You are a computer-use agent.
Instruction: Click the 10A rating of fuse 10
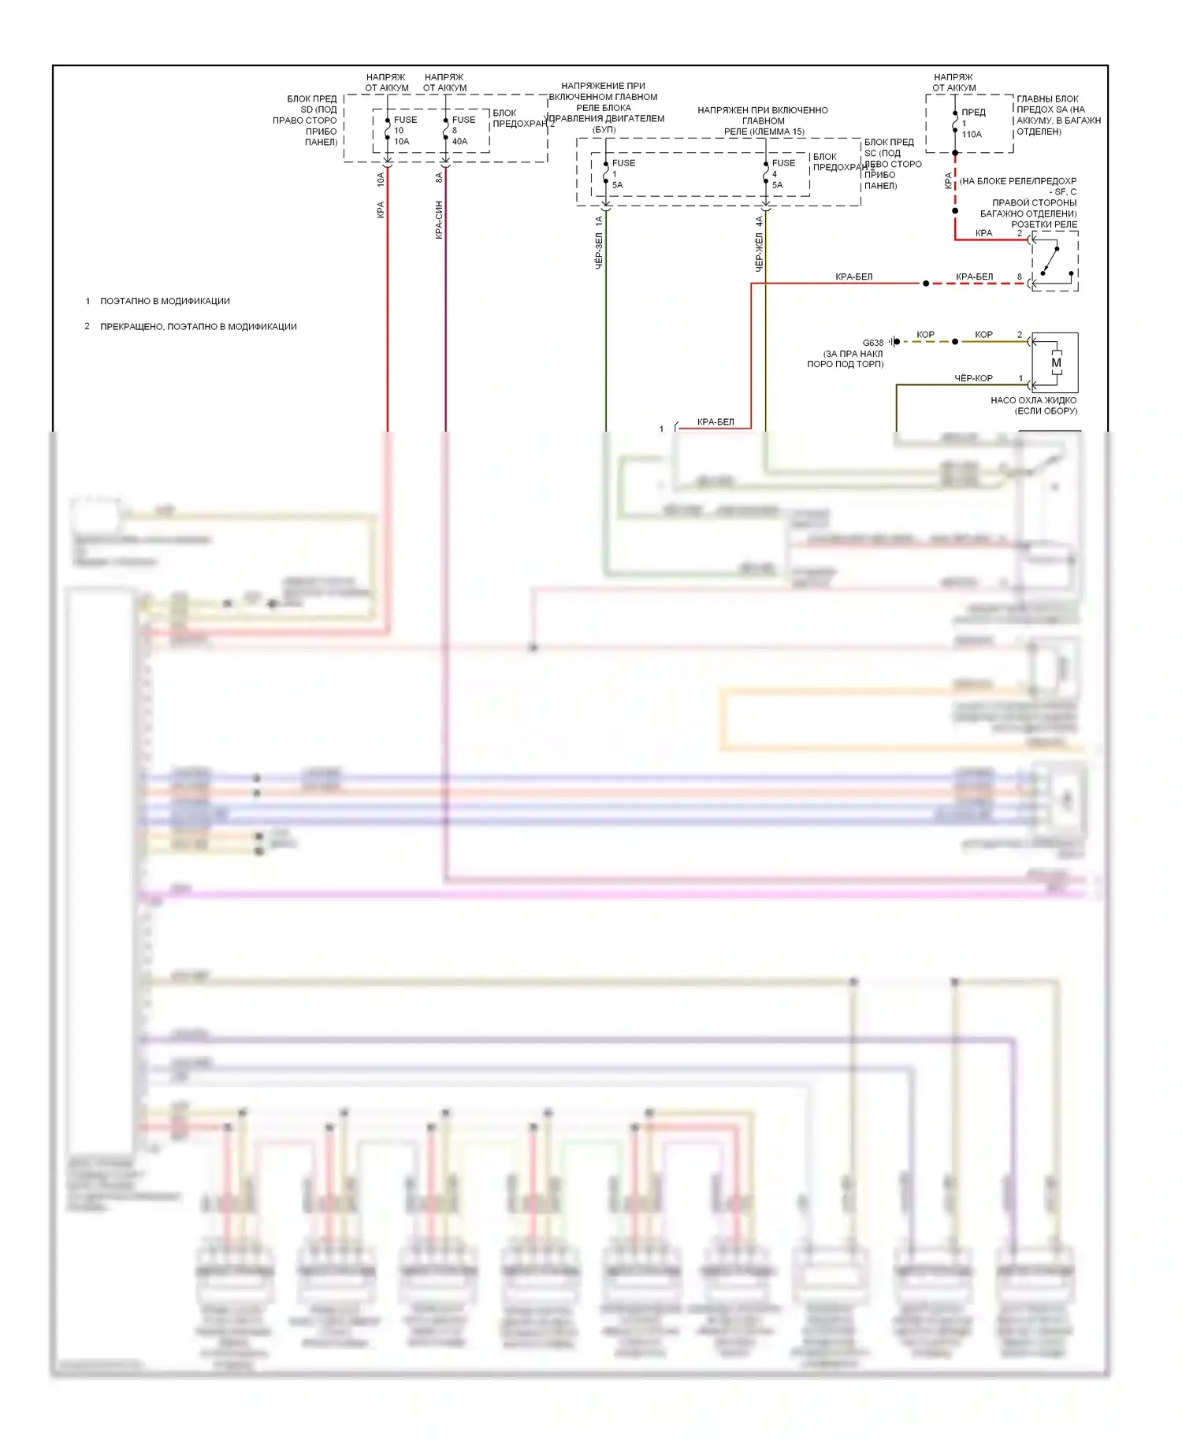[x=401, y=142]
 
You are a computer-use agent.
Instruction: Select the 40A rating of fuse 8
[x=459, y=142]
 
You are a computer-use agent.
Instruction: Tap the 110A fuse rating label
[x=972, y=135]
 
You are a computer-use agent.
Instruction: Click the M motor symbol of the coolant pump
[x=1056, y=363]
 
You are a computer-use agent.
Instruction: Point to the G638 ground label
[x=872, y=343]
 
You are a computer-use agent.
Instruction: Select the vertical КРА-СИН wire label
[x=439, y=220]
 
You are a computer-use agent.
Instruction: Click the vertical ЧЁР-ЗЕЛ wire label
[x=599, y=251]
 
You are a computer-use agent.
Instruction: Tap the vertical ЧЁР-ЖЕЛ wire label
[x=760, y=252]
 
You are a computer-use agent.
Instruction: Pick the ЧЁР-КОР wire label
[x=973, y=378]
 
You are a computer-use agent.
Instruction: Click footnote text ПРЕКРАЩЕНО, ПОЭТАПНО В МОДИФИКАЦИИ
[x=199, y=327]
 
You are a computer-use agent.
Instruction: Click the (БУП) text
[x=604, y=130]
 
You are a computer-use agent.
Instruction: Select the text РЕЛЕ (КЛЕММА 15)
[x=764, y=132]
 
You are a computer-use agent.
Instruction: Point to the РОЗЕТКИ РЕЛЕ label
[x=1043, y=225]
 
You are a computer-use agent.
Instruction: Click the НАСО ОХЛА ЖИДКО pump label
[x=1033, y=400]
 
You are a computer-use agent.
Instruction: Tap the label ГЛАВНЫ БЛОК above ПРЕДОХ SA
[x=1047, y=99]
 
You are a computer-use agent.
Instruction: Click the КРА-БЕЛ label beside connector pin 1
[x=716, y=422]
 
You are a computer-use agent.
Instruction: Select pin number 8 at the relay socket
[x=1019, y=277]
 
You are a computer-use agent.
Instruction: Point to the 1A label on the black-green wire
[x=599, y=221]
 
